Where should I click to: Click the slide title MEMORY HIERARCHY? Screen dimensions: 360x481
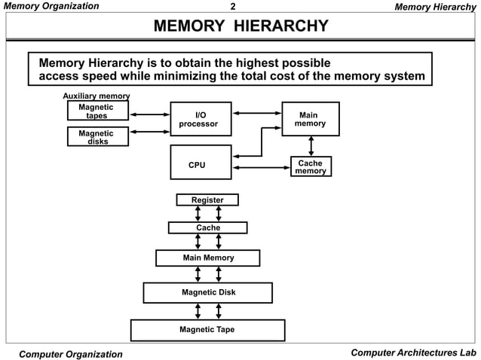point(240,28)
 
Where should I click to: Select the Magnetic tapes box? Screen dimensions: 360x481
point(97,111)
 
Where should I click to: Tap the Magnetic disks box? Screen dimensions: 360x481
point(97,137)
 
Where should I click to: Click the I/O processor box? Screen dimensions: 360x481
point(201,119)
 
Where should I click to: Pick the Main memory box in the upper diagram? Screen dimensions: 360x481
point(311,119)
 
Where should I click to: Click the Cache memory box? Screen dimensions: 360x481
point(311,166)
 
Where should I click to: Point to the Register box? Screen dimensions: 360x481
point(207,200)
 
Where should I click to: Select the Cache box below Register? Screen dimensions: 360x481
point(207,227)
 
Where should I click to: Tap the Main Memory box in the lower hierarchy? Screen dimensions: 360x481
point(208,258)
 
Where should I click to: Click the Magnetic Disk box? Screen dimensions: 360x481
point(208,292)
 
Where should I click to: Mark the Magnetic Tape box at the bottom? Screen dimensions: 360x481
point(207,330)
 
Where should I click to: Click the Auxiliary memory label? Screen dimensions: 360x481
point(96,96)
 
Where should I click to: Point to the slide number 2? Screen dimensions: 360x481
point(233,7)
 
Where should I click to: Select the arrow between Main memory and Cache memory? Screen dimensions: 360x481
point(311,146)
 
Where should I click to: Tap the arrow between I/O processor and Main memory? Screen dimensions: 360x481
point(256,114)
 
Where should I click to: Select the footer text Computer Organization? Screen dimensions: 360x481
point(70,354)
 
